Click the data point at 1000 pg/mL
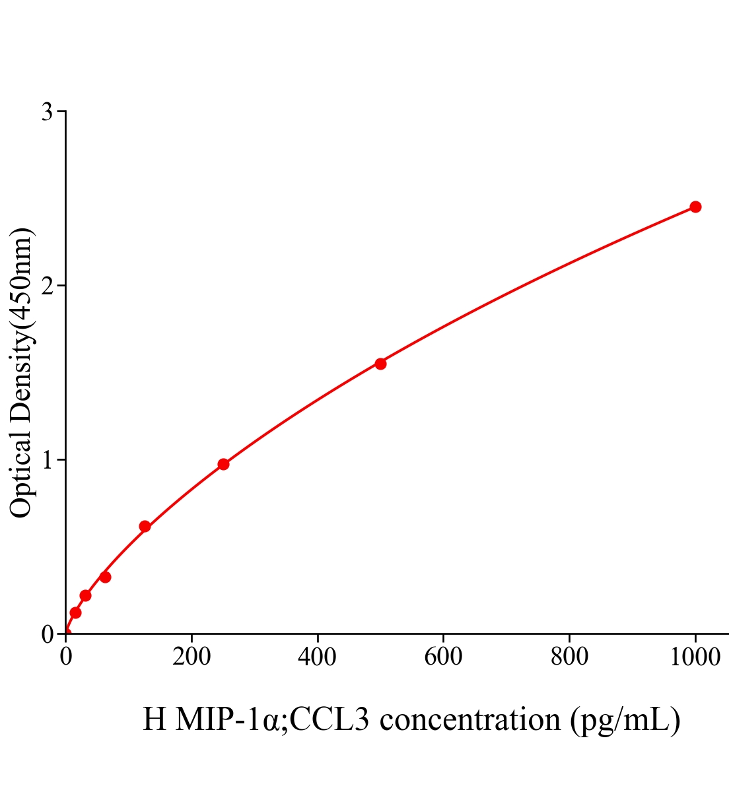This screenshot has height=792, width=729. pos(695,207)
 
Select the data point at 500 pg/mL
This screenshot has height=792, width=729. pos(380,364)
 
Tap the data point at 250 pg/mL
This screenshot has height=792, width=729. pos(223,464)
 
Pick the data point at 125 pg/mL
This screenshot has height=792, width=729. pos(145,526)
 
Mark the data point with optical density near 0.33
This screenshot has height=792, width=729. pos(105,577)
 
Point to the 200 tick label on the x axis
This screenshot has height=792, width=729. pos(191,657)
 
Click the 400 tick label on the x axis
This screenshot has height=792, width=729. pos(318,657)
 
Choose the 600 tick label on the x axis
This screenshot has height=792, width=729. pos(443,657)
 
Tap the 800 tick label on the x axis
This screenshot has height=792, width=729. pos(569,657)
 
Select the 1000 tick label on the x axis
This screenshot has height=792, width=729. pos(695,657)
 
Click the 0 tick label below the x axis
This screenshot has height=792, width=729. pos(66,657)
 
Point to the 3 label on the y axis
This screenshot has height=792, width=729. pos(48,112)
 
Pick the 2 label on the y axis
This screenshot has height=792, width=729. pos(48,286)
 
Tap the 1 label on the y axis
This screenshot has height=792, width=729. pos(48,460)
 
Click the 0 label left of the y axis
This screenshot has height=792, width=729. pos(48,635)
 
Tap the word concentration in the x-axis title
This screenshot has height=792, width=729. pos(470,719)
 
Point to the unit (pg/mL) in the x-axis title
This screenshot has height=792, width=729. pos(625,719)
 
